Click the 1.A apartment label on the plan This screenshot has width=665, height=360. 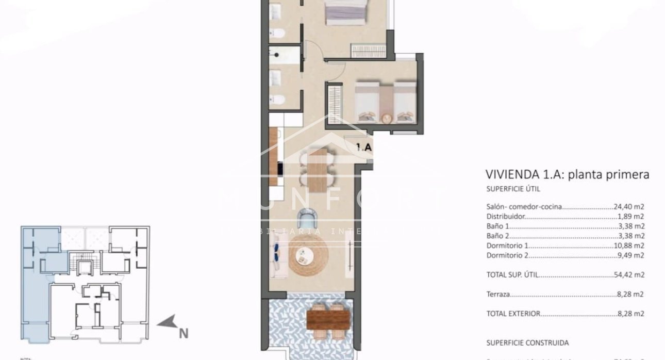click(x=364, y=147)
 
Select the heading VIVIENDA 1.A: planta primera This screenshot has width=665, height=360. click(x=567, y=174)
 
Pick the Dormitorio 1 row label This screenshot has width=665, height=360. click(x=507, y=246)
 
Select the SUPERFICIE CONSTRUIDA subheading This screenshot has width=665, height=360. click(x=527, y=342)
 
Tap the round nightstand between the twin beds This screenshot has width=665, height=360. click(x=386, y=119)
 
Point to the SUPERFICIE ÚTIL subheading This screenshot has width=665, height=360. click(x=513, y=189)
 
